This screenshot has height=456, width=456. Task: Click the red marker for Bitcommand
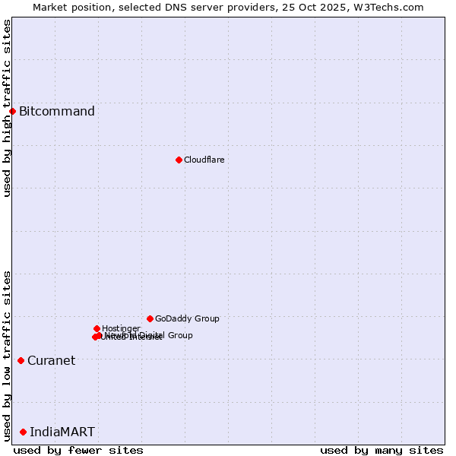coord(12,112)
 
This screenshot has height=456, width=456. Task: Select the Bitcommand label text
coord(57,112)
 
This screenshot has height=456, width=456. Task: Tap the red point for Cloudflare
coord(179,160)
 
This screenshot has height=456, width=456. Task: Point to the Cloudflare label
coord(204,160)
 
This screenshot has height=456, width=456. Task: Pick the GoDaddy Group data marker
coord(150,318)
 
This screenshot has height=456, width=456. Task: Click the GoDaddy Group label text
coord(187,318)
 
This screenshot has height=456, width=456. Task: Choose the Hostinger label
coord(121,328)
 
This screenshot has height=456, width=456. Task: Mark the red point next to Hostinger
coord(97,328)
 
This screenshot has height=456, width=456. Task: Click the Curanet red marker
coord(21,360)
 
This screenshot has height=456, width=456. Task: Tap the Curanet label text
coord(51,360)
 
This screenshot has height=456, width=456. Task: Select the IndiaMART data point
coord(23,432)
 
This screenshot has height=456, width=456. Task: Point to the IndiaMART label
coord(62,432)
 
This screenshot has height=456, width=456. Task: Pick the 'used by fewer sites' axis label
coord(78,450)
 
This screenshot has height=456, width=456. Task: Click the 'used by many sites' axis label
coord(382,450)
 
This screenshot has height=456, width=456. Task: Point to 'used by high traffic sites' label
coord(7,108)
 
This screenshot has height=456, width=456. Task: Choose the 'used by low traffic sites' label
coord(7,356)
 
